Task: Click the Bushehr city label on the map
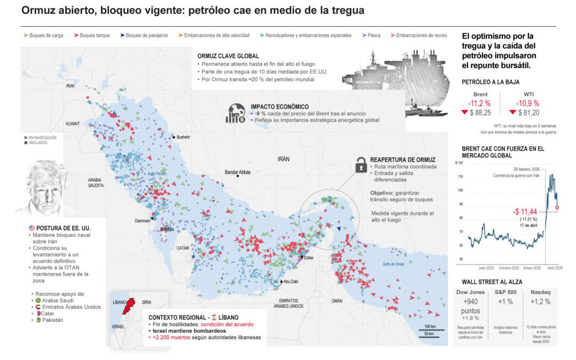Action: click(x=183, y=137)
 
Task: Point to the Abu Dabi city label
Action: click(x=291, y=282)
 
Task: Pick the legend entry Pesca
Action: click(x=374, y=36)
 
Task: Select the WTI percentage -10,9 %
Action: click(x=526, y=103)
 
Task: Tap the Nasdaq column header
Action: click(x=540, y=293)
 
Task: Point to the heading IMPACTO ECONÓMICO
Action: click(x=279, y=107)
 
